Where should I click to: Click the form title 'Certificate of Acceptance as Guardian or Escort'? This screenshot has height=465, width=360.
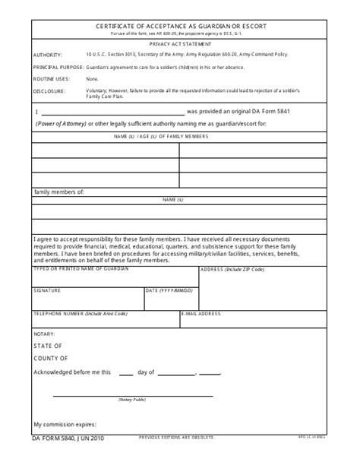coord(180,26)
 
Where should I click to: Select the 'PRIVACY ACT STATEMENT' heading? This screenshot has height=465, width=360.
coord(180,45)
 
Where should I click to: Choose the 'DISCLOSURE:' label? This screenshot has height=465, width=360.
coord(49,90)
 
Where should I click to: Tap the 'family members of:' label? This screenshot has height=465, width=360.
coord(58,192)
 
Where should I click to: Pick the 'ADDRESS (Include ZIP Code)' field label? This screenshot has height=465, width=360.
coord(232,270)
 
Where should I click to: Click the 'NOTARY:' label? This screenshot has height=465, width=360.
coord(44,334)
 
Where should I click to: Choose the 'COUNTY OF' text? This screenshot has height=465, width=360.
coord(51,358)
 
